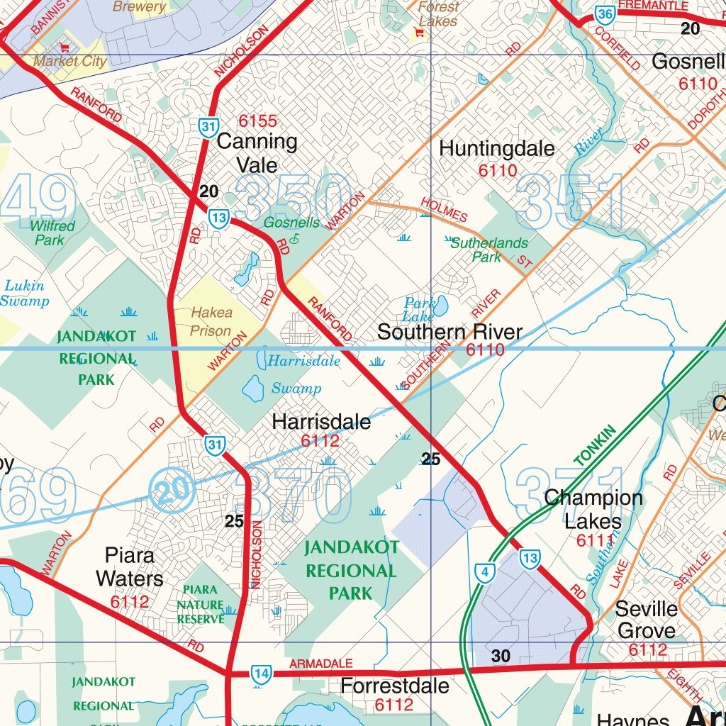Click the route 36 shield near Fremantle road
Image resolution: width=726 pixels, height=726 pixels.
(605, 14)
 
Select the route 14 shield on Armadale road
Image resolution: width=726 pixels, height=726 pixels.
(261, 674)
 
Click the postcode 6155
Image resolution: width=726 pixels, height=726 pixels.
(257, 121)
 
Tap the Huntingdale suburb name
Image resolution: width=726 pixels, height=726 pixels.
(497, 148)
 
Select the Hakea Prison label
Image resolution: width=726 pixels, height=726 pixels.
(211, 321)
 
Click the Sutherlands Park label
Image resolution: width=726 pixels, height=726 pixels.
(489, 250)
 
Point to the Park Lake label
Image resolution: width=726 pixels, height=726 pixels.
(420, 310)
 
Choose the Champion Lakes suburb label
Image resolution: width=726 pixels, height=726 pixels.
(593, 510)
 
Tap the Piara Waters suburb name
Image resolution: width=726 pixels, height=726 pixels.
(130, 566)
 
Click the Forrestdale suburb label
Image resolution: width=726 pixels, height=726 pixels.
(394, 686)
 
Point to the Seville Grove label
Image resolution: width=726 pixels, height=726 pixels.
(646, 619)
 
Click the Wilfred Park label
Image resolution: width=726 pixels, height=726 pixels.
(52, 233)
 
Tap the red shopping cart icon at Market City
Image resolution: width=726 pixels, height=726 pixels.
(65, 48)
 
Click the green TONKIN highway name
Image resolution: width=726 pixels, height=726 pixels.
(596, 445)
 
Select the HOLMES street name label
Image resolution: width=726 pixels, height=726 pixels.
(444, 211)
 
